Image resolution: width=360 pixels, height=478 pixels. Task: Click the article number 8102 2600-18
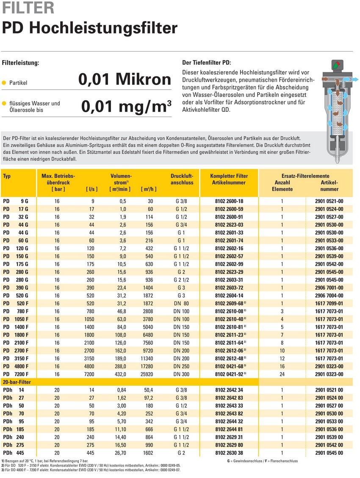tap(229, 201)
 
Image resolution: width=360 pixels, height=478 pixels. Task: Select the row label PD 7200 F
tap(16, 374)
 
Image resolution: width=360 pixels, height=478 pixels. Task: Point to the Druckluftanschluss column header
tap(182, 179)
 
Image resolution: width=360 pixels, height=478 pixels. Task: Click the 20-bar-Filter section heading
tap(17, 382)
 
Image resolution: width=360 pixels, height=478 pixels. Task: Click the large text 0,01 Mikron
tap(125, 79)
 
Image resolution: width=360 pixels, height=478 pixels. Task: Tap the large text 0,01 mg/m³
tap(126, 106)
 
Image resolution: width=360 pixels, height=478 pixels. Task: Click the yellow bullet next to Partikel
tap(4, 83)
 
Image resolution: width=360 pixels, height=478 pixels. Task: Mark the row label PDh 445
tap(14, 453)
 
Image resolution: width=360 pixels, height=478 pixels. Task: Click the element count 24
tap(282, 374)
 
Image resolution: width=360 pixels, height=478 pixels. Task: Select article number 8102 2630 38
tap(229, 453)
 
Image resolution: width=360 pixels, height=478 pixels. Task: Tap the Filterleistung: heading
tap(21, 63)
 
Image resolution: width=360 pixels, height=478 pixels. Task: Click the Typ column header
tap(6, 176)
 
